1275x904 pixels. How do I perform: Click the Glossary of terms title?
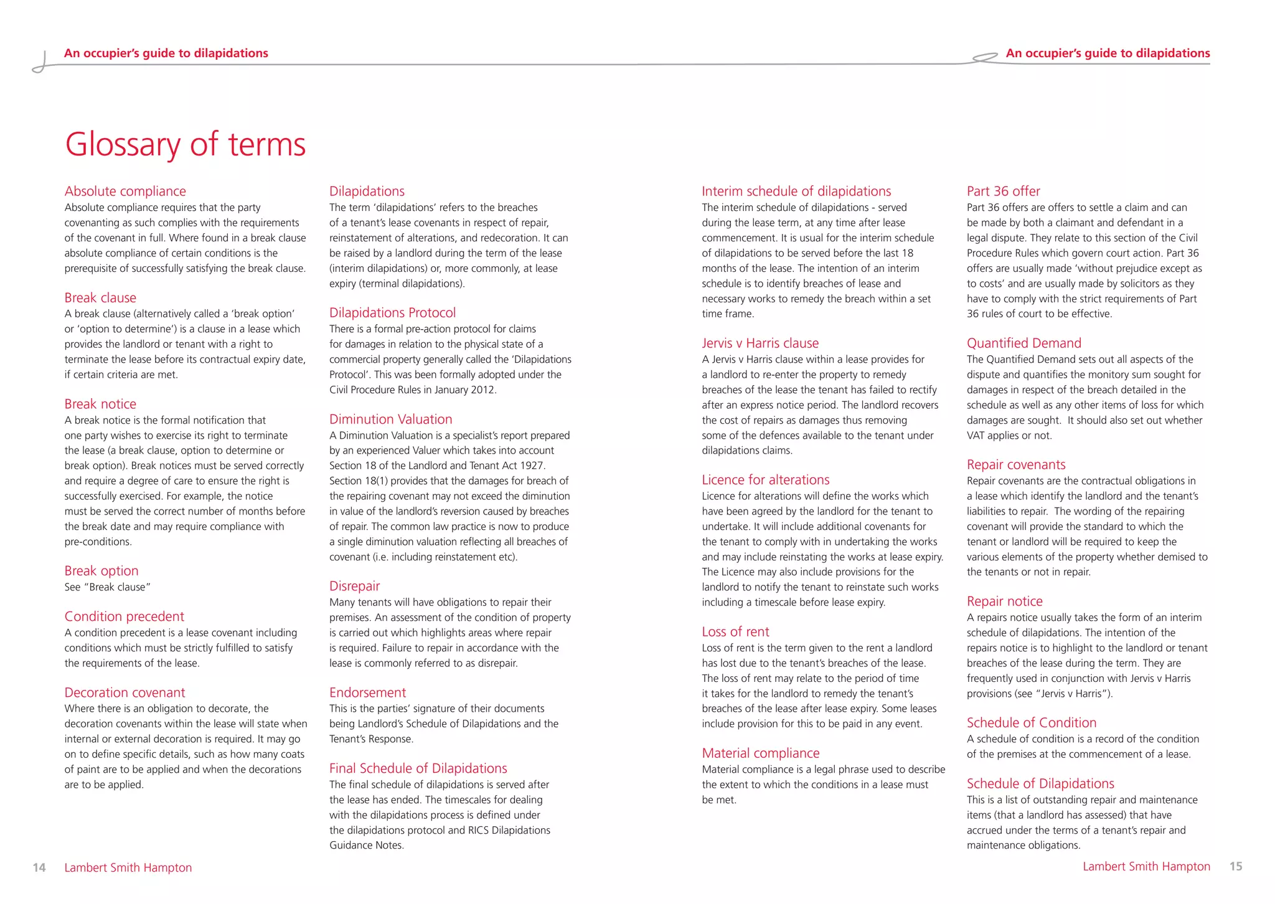[185, 144]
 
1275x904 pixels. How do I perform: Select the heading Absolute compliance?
[125, 191]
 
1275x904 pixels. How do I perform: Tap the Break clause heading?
[100, 297]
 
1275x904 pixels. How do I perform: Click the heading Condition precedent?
[125, 616]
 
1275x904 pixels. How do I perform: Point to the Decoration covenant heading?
[125, 692]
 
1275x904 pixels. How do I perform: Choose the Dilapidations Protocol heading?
[392, 312]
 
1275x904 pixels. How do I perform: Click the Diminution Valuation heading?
[390, 419]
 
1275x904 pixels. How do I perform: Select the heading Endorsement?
[367, 692]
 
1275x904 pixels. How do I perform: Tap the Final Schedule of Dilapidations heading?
[418, 768]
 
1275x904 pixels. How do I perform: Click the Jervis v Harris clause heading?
[760, 343]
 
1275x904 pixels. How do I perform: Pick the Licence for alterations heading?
[765, 480]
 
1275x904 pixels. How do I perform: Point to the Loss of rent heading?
[735, 631]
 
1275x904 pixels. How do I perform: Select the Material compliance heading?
[760, 753]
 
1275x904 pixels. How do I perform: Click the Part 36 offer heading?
[1003, 191]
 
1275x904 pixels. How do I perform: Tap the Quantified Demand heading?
[1023, 343]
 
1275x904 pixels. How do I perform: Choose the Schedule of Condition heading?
[1031, 722]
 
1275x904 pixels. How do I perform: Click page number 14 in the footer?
[39, 867]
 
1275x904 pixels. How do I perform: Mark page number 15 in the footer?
[1236, 866]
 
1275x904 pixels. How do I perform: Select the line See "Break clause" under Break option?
[108, 587]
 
